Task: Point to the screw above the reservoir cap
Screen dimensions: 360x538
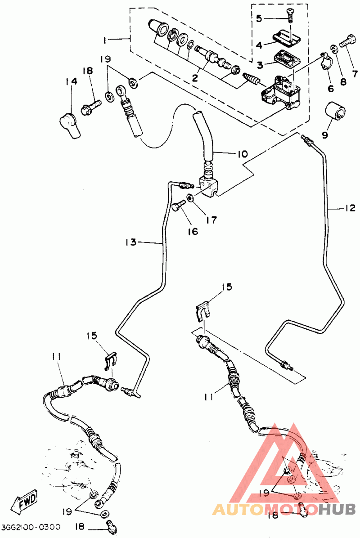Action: click(289, 15)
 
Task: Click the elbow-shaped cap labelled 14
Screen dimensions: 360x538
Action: click(70, 126)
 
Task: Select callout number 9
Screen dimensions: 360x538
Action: click(325, 135)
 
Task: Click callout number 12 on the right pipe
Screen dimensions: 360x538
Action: click(350, 208)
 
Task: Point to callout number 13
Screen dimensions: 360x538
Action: click(131, 242)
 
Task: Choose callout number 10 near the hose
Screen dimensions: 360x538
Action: click(242, 154)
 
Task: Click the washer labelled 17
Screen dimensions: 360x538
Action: click(190, 198)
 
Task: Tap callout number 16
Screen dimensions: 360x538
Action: click(193, 232)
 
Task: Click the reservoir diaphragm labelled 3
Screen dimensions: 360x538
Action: click(287, 58)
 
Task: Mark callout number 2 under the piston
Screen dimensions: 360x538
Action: click(195, 78)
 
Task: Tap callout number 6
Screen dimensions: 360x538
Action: click(331, 89)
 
